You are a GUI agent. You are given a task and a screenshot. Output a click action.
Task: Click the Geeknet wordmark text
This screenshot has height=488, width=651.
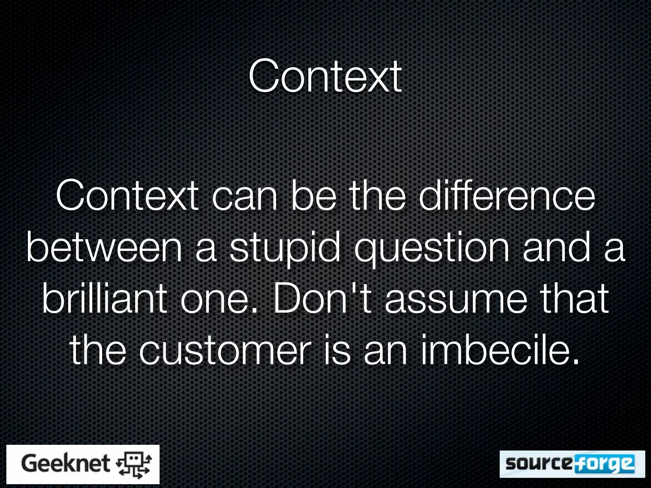click(x=65, y=464)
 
